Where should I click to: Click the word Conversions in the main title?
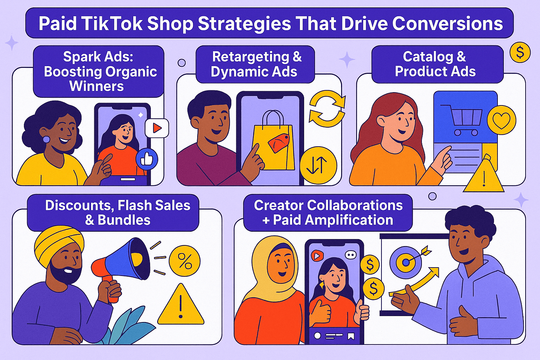[447, 24]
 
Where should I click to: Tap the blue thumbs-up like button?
[147, 159]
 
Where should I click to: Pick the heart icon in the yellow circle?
[501, 120]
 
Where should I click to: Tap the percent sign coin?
[185, 261]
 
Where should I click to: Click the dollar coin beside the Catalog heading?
[520, 53]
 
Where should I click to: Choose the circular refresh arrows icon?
[327, 109]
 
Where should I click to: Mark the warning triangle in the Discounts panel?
[181, 306]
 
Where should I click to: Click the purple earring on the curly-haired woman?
[46, 139]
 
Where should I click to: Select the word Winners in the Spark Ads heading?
[97, 86]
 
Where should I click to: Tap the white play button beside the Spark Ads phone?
[157, 128]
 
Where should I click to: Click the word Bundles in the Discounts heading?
[124, 220]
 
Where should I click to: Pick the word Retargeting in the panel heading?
[251, 57]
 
